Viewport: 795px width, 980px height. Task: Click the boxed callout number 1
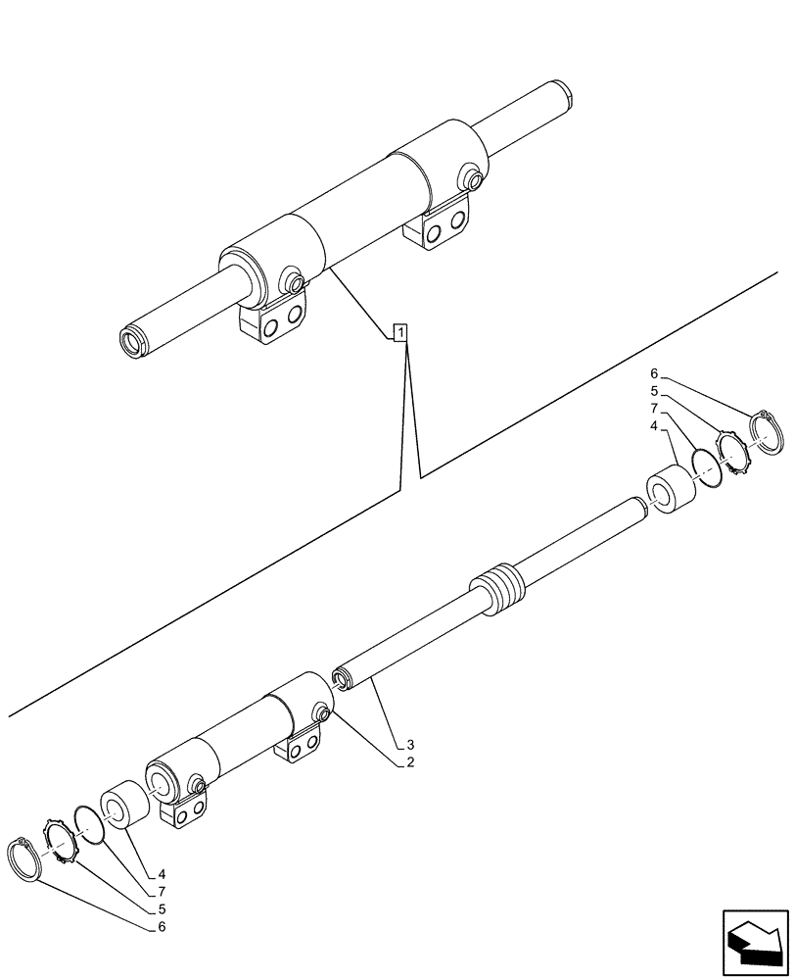click(399, 332)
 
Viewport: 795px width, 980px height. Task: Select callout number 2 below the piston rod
click(410, 762)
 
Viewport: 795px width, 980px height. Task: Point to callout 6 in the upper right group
click(653, 373)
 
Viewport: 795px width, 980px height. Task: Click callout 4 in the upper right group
click(653, 426)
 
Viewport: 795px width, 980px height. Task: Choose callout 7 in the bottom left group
click(161, 891)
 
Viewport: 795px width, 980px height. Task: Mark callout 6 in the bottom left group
click(161, 926)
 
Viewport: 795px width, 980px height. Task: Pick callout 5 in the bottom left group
click(161, 908)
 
